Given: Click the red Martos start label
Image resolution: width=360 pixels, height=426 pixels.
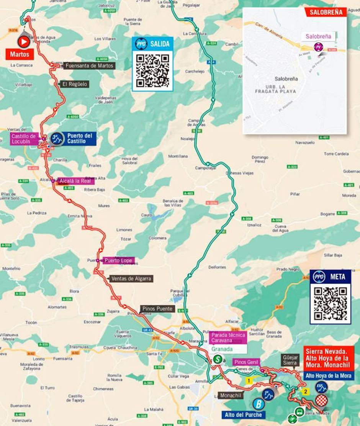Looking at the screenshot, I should [x=20, y=54].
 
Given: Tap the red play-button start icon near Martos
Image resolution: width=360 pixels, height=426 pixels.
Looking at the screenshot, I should [x=23, y=41].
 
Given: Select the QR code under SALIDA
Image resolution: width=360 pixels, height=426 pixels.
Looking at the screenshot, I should [x=153, y=70].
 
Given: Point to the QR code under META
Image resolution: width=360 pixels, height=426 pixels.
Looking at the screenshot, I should [x=330, y=303].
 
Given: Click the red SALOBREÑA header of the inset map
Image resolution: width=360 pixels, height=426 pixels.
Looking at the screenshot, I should [x=326, y=12].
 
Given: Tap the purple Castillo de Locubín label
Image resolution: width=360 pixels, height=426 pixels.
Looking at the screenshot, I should [x=23, y=139].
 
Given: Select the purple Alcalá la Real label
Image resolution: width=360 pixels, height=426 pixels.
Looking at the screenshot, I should [x=75, y=181].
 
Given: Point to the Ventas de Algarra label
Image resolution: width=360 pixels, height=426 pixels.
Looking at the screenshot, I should [x=131, y=279].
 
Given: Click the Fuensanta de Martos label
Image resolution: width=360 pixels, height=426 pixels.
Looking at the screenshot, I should [x=89, y=66].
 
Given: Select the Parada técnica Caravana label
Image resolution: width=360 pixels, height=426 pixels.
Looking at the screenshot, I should [x=228, y=338].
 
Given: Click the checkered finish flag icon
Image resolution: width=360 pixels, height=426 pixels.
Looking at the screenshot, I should [x=321, y=400].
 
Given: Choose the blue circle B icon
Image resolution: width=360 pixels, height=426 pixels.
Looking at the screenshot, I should [x=259, y=404].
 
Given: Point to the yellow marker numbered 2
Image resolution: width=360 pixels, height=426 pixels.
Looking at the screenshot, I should [x=306, y=392].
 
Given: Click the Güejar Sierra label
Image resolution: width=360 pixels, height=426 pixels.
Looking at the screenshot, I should [x=290, y=360].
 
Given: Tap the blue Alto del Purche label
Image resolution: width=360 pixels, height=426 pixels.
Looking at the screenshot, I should [x=243, y=415].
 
